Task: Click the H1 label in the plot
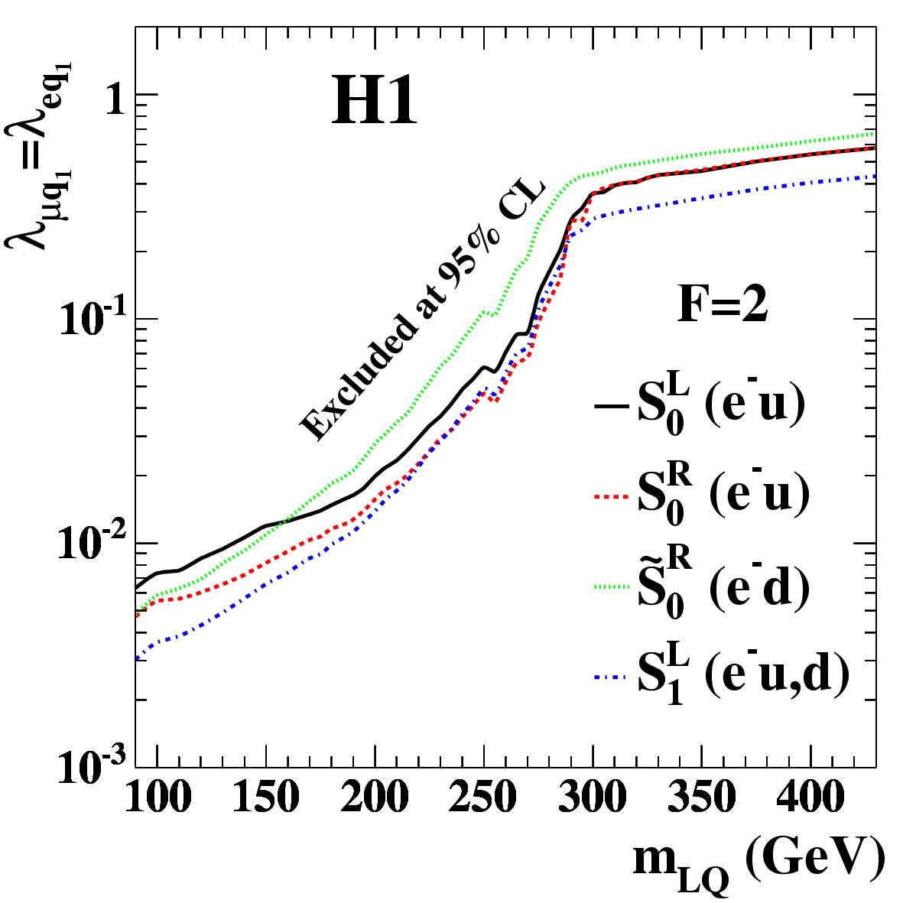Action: pyautogui.click(x=374, y=104)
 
